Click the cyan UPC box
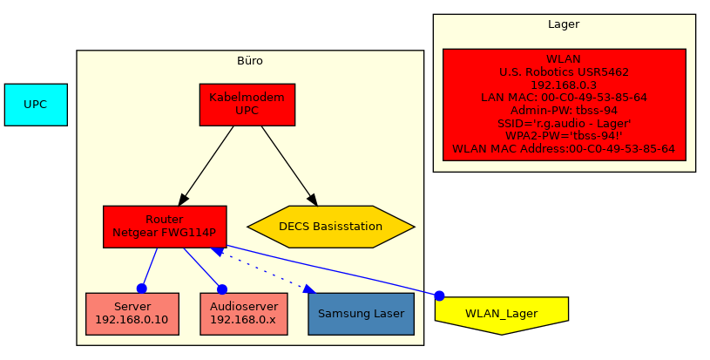click(36, 105)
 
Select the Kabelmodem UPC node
click(247, 105)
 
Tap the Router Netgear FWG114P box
click(165, 227)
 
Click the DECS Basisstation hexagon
click(331, 227)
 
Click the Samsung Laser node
click(361, 314)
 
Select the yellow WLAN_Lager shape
click(501, 313)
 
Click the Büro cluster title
click(250, 61)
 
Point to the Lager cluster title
click(564, 25)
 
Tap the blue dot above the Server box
click(142, 289)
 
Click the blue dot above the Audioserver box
click(222, 289)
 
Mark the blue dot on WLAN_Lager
click(439, 295)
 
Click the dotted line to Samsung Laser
click(261, 268)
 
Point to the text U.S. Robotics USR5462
click(564, 72)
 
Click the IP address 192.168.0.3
click(564, 85)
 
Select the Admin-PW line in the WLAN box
click(564, 111)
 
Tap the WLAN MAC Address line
click(564, 149)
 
